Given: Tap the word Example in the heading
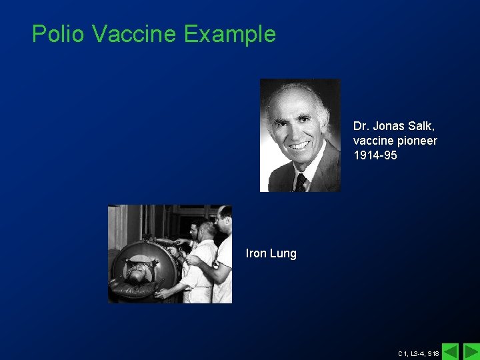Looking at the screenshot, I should pyautogui.click(x=230, y=33).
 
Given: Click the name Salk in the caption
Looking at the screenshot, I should pyautogui.click(x=422, y=126).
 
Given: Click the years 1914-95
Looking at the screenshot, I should pyautogui.click(x=375, y=155).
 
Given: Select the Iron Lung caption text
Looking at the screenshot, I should pyautogui.click(x=271, y=253).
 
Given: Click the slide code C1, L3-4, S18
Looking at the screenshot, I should pyautogui.click(x=418, y=353).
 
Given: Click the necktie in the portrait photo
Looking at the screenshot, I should pyautogui.click(x=301, y=181).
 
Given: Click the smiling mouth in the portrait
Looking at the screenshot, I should pyautogui.click(x=299, y=145).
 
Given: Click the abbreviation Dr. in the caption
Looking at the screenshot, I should pyautogui.click(x=361, y=126).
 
